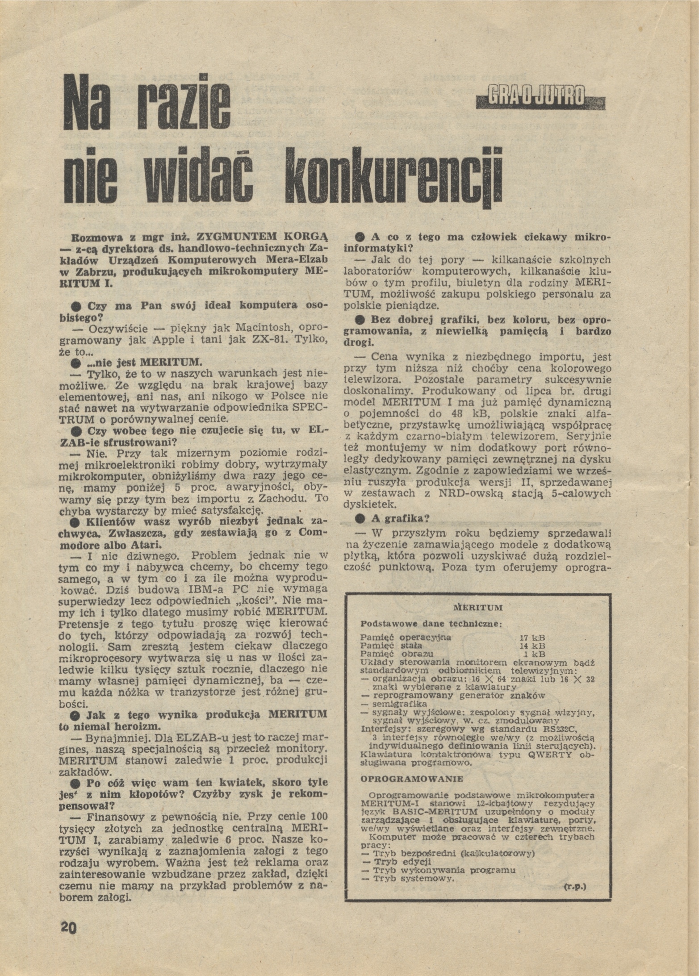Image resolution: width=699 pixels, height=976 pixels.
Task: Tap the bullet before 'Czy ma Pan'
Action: tap(77, 307)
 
